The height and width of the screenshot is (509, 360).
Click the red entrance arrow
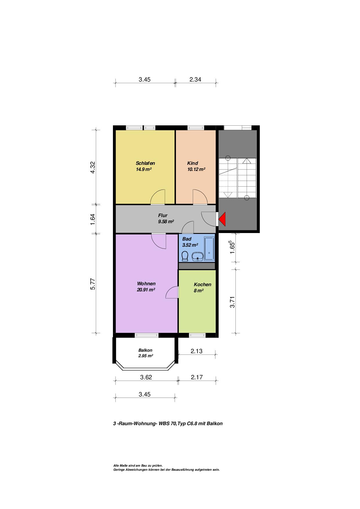[223, 219]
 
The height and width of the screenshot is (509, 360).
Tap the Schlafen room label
[145, 163]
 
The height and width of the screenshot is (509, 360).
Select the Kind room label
[192, 163]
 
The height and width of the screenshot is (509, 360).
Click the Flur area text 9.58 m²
[166, 221]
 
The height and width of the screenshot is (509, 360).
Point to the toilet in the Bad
[185, 256]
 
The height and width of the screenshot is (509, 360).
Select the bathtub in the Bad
[209, 249]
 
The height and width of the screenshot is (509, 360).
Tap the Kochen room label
[202, 284]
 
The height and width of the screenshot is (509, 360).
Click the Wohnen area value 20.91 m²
[146, 290]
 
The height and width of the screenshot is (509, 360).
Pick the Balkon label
[145, 350]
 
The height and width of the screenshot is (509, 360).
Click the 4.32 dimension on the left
[93, 167]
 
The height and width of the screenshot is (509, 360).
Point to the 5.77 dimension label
[93, 284]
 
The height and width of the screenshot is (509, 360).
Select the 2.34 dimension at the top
[195, 79]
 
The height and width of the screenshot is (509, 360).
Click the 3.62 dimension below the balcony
[146, 377]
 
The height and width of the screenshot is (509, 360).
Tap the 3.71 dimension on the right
[232, 302]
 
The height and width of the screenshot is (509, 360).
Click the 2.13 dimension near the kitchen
[197, 351]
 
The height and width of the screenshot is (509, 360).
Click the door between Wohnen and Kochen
[172, 292]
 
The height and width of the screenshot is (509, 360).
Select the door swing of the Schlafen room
[158, 197]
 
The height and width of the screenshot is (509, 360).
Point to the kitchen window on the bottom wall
[197, 335]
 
